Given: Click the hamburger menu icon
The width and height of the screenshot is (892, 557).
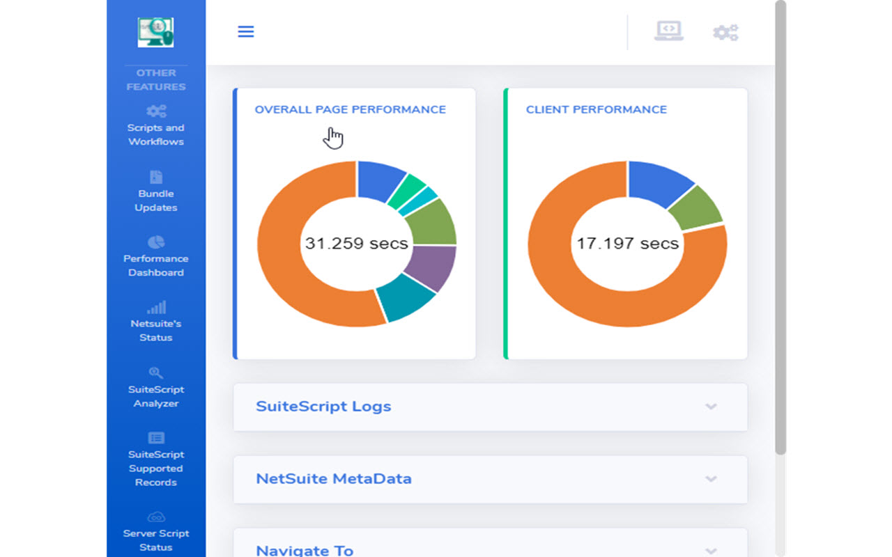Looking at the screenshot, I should pyautogui.click(x=245, y=32).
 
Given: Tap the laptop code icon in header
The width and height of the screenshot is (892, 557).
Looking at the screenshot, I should pyautogui.click(x=668, y=31).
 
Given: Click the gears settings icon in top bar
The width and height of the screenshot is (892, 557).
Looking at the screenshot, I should pyautogui.click(x=725, y=32).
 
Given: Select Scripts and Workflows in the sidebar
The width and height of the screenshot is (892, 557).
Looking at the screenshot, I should pyautogui.click(x=155, y=126).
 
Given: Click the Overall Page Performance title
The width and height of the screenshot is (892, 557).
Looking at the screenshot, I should pyautogui.click(x=350, y=109).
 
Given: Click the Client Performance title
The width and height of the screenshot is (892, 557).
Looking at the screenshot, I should pyautogui.click(x=596, y=109).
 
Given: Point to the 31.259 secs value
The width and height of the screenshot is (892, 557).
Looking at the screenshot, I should pyautogui.click(x=356, y=244).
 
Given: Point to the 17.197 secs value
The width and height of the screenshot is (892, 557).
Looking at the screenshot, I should pyautogui.click(x=627, y=244).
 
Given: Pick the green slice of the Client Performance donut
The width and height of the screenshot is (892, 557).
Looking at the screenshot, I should pyautogui.click(x=700, y=209).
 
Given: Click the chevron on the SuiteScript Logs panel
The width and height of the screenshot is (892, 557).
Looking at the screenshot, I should pyautogui.click(x=711, y=407).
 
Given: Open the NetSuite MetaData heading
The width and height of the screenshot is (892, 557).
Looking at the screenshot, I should pyautogui.click(x=333, y=479).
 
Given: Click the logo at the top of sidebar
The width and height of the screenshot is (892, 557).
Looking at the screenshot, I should pyautogui.click(x=155, y=32).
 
